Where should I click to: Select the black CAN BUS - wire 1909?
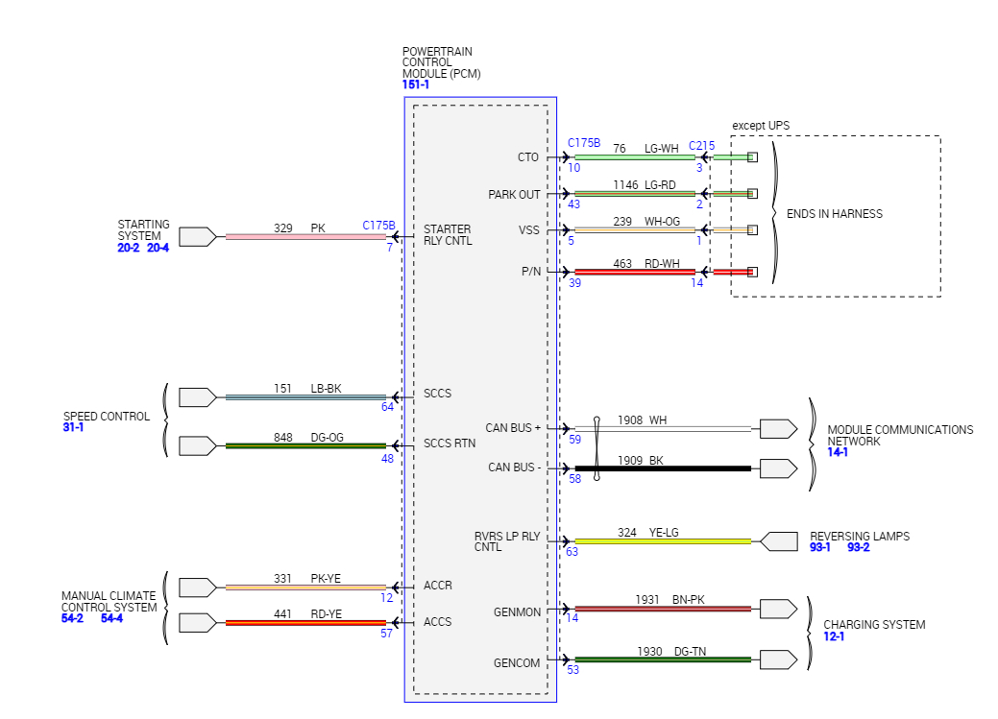point(672,468)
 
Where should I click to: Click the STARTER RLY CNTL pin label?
point(448,235)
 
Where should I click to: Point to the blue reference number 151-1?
point(416,84)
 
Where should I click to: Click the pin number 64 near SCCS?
point(387,407)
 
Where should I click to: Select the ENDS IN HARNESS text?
point(834,214)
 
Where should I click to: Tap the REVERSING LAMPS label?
point(859,537)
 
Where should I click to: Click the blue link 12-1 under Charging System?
point(836,637)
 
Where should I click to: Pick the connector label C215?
point(701,146)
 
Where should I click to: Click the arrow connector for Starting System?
point(198,236)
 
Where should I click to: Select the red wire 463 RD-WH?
point(634,273)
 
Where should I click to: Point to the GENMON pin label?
point(517,611)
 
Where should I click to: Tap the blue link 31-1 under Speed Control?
point(73,428)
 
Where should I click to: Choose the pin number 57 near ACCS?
point(386,634)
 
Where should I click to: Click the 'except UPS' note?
point(761,126)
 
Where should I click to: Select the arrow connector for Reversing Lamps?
point(778,541)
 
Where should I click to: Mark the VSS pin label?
point(528,230)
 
